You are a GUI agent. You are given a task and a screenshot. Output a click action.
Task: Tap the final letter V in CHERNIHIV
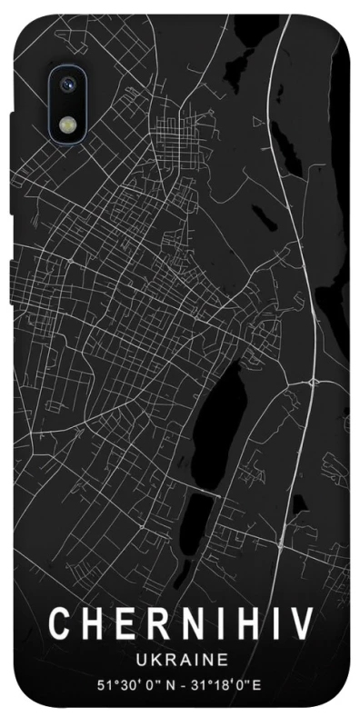(x=301, y=624)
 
